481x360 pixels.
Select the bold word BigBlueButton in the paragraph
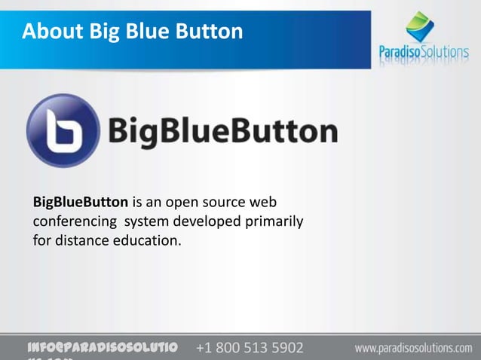80,203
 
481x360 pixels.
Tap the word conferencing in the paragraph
74,222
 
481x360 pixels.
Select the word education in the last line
142,242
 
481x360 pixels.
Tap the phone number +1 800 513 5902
250,349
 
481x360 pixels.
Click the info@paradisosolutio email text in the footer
101,348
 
